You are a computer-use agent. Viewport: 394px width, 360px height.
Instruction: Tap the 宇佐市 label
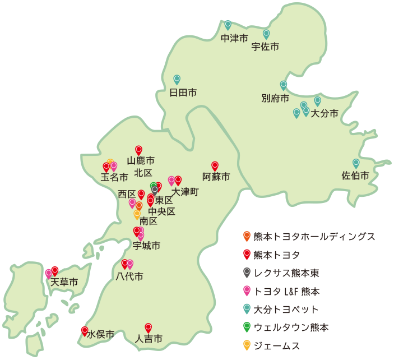(265, 47)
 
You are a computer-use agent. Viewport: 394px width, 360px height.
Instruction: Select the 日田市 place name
(183, 93)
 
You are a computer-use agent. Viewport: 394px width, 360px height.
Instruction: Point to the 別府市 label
(275, 99)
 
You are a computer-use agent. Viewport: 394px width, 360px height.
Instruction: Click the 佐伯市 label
(355, 176)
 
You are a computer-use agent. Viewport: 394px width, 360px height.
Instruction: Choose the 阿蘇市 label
(216, 177)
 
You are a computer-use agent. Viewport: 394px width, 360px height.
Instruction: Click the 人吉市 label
(149, 339)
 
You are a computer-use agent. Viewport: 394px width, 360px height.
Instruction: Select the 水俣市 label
(101, 335)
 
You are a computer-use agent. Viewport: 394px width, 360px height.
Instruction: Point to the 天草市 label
(64, 282)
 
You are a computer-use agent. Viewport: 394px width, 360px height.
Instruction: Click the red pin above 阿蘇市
(215, 166)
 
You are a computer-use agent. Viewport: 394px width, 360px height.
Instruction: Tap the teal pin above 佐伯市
(355, 163)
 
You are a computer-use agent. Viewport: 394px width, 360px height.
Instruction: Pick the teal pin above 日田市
(177, 80)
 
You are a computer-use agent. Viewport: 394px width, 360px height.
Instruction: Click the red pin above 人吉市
(149, 327)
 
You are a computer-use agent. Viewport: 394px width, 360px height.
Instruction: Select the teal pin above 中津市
(228, 25)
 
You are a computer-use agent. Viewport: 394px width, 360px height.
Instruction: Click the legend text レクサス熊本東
(286, 274)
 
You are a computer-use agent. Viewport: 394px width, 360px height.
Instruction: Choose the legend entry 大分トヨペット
(286, 310)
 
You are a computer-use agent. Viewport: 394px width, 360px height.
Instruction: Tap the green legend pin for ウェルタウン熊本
(246, 327)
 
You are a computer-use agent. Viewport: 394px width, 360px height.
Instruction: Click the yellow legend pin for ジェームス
(246, 345)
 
